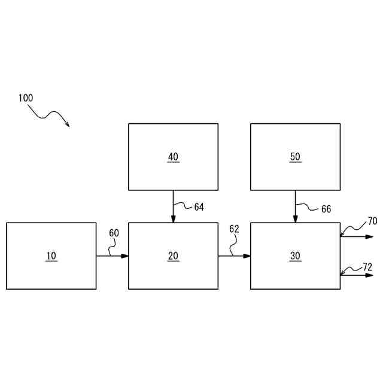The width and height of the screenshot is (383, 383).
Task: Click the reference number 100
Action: (x=26, y=98)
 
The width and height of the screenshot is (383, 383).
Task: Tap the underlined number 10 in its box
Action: (x=51, y=256)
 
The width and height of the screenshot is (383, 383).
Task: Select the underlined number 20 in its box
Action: (x=173, y=256)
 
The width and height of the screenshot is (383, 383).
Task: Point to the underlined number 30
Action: (x=295, y=256)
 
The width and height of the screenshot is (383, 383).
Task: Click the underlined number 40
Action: (x=173, y=157)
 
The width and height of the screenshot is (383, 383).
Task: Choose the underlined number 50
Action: (x=295, y=157)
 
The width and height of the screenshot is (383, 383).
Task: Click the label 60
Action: (x=114, y=233)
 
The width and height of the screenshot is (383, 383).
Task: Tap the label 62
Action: (x=234, y=229)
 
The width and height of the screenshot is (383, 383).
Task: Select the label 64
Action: (x=199, y=207)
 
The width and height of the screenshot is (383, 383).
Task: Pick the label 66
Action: (x=326, y=209)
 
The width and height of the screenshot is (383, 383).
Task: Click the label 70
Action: (x=372, y=221)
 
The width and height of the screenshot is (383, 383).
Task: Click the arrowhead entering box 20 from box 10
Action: (x=125, y=256)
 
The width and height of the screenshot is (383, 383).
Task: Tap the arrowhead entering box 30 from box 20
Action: (x=247, y=256)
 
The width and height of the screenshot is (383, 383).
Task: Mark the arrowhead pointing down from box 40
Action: (x=173, y=218)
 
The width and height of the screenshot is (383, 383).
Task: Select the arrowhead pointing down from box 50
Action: (x=295, y=218)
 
